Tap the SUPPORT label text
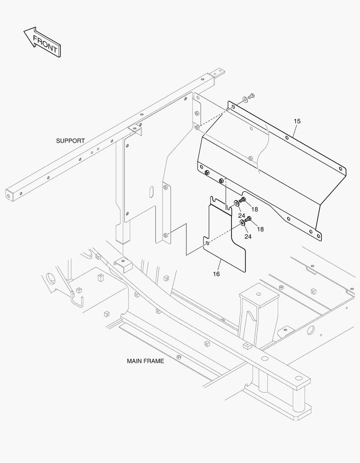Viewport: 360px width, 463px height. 70,141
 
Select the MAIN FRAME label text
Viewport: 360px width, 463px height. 145,361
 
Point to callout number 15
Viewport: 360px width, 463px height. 297,121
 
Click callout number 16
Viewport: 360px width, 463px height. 216,274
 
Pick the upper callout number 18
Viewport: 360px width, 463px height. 255,209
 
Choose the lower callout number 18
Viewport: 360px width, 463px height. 260,229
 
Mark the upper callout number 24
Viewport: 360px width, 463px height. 242,216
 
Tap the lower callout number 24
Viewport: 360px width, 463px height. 248,236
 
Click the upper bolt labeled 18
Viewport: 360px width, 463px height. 243,200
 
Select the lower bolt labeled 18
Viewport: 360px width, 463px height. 248,220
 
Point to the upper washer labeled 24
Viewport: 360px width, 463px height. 236,203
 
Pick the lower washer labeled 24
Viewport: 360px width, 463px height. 242,223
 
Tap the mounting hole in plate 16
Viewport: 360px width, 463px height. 207,244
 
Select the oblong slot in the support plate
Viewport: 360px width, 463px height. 151,193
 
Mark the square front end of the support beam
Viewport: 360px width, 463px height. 11,195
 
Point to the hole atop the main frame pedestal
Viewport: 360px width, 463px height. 258,294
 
